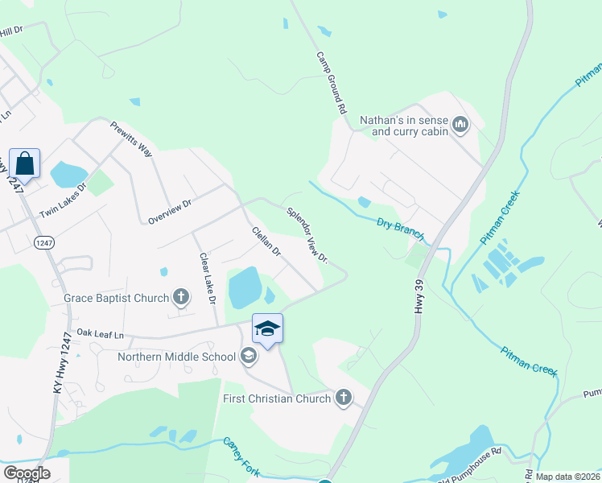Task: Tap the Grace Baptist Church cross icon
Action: click(x=180, y=298)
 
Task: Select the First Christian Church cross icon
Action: click(x=344, y=398)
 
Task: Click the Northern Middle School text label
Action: click(x=177, y=356)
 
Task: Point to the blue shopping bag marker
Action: click(x=25, y=164)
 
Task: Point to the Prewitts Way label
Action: click(x=131, y=138)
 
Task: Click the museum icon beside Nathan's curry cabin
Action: click(x=460, y=124)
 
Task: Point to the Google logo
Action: click(x=27, y=473)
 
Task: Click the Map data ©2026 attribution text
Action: click(x=568, y=477)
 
